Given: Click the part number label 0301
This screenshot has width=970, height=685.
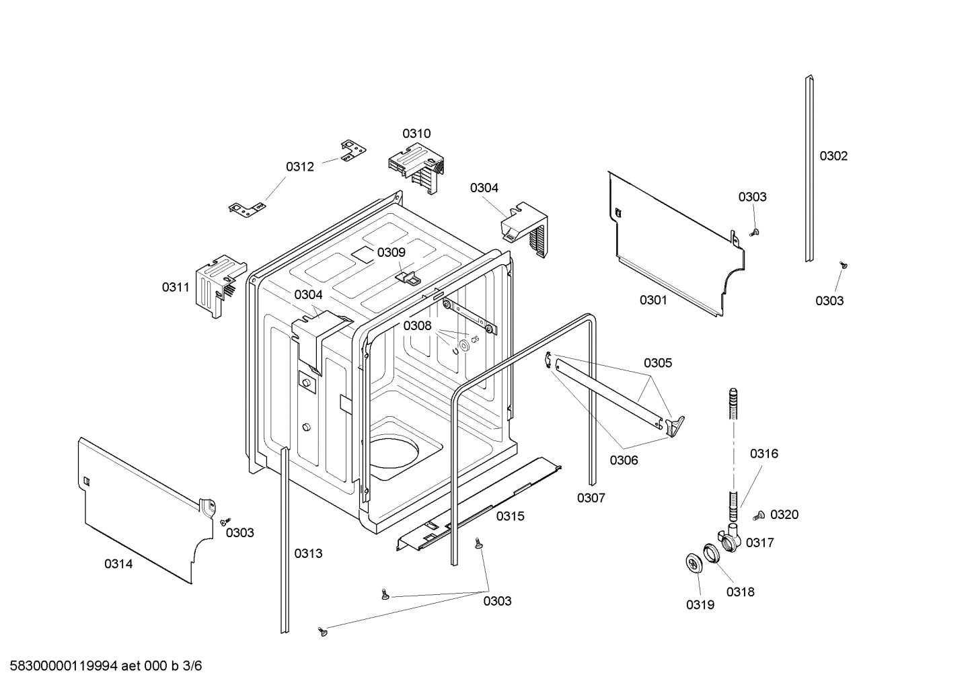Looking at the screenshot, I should coord(652,300).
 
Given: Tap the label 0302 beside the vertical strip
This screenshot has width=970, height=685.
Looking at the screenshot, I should coord(833,156).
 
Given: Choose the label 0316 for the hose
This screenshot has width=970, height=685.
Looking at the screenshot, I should coord(764,454).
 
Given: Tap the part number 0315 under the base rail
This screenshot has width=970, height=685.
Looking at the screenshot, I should coord(511,516).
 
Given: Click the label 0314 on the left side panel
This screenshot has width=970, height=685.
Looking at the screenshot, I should coord(118,564).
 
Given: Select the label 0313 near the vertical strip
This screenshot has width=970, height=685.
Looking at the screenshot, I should coord(308,553).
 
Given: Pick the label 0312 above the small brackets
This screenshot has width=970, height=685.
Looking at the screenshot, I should coord(300,167).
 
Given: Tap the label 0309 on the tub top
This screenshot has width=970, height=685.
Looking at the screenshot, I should coord(391,252).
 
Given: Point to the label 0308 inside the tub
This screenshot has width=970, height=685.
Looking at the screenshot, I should coord(417,325).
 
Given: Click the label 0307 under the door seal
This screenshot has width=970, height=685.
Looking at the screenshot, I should coord(591,498).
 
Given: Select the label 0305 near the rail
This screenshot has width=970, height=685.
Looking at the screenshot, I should coord(657,363).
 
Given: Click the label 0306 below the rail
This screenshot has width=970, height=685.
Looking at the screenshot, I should coord(624,460).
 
